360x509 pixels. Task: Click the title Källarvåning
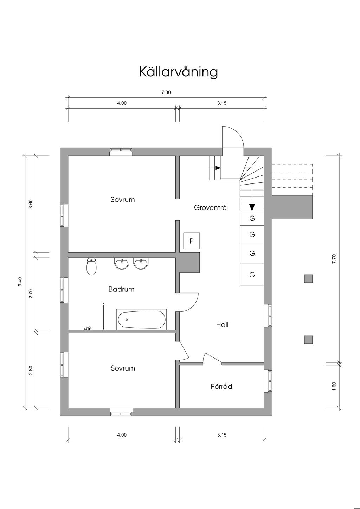tap(179, 72)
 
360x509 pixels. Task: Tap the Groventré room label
tap(210, 208)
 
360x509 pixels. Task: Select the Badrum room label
tap(121, 290)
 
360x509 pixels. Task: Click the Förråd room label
tap(221, 387)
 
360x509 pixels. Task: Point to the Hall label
tap(222, 324)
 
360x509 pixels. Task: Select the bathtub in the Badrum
tap(141, 320)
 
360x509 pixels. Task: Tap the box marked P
tap(192, 241)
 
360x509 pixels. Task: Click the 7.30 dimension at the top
tap(166, 92)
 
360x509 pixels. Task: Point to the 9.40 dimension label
tap(20, 282)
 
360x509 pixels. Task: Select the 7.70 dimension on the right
tap(334, 259)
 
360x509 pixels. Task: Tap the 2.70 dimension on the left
tap(31, 294)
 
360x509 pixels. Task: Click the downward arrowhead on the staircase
tap(252, 207)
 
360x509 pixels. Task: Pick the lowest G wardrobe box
tap(252, 275)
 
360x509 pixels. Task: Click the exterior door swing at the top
tap(233, 138)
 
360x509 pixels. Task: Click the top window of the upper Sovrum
tap(121, 152)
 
